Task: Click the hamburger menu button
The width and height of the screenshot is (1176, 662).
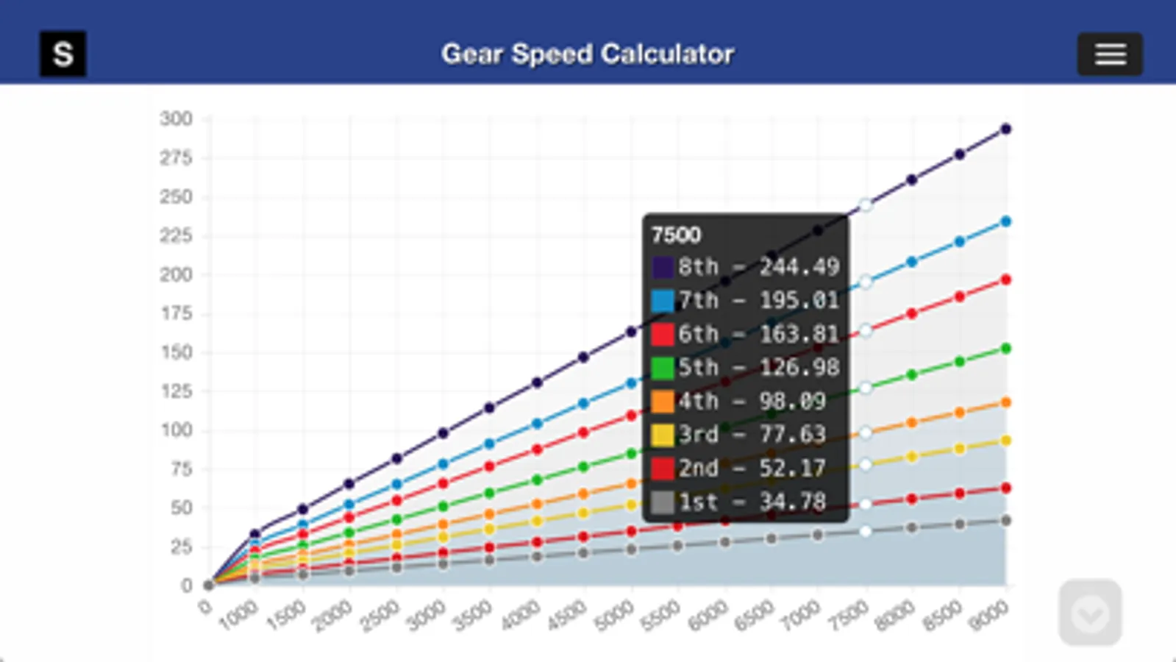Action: coord(1110,54)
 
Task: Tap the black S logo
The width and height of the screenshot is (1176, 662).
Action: coord(63,54)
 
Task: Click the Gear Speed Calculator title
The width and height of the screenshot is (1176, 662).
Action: coord(588,54)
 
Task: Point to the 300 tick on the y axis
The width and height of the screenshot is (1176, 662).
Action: coord(177,119)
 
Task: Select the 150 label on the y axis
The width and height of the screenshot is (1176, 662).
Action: coord(177,352)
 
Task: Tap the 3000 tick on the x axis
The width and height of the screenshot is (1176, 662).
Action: coord(426,616)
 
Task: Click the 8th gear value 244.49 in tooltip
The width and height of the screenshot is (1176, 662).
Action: coord(799,267)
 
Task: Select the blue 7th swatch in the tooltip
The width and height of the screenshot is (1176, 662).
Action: coord(663,301)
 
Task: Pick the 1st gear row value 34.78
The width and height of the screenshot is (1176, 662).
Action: coord(792,502)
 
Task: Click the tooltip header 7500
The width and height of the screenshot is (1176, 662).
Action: coord(676,235)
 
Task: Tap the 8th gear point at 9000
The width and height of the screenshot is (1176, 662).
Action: coord(1006,129)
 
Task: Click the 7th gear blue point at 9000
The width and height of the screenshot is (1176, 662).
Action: coord(1006,221)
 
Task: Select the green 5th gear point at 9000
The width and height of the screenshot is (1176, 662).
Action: coord(1006,349)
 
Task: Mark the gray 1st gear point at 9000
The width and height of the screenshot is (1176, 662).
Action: coord(1006,521)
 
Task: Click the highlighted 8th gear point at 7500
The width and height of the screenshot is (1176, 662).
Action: coord(866,205)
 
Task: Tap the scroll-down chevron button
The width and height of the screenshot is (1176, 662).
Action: coord(1090,613)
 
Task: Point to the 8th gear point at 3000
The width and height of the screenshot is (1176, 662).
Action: coord(443,433)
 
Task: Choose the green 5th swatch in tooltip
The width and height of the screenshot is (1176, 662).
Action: coord(663,368)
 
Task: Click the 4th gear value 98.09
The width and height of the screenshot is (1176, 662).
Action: coord(792,402)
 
